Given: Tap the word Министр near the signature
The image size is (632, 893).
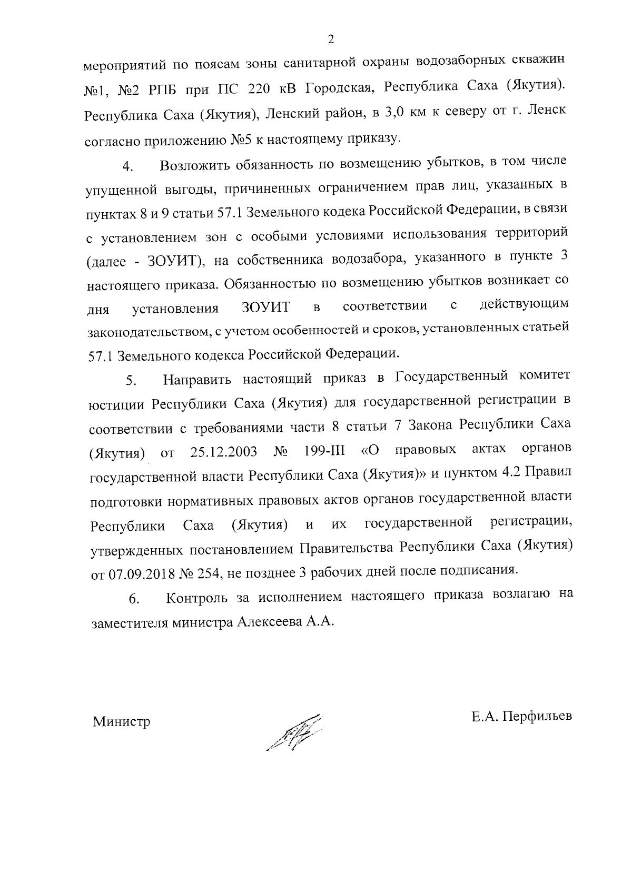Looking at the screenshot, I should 122,721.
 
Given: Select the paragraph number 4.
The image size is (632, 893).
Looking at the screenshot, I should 127,168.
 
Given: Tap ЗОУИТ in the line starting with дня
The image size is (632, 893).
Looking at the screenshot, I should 266,307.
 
